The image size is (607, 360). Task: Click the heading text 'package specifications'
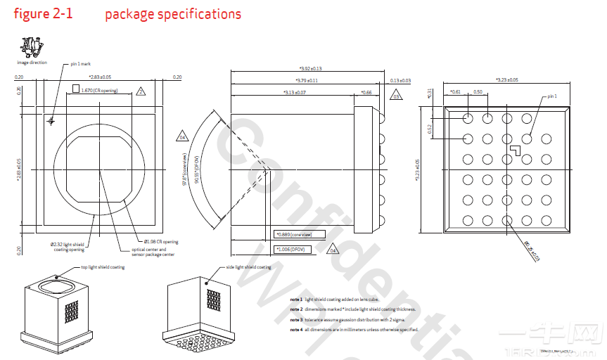173,14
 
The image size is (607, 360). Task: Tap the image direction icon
30,48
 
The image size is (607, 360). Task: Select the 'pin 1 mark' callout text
83,64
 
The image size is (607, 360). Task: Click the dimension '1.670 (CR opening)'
99,90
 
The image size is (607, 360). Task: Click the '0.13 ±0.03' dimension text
400,81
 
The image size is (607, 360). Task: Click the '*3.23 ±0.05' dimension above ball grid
506,80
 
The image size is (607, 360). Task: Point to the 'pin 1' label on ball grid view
551,96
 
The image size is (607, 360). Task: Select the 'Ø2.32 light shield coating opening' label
68,246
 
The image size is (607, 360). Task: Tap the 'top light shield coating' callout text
103,267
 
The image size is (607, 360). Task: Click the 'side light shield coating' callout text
248,267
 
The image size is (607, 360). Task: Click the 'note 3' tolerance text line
352,319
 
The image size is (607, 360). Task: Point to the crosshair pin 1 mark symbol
50,122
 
